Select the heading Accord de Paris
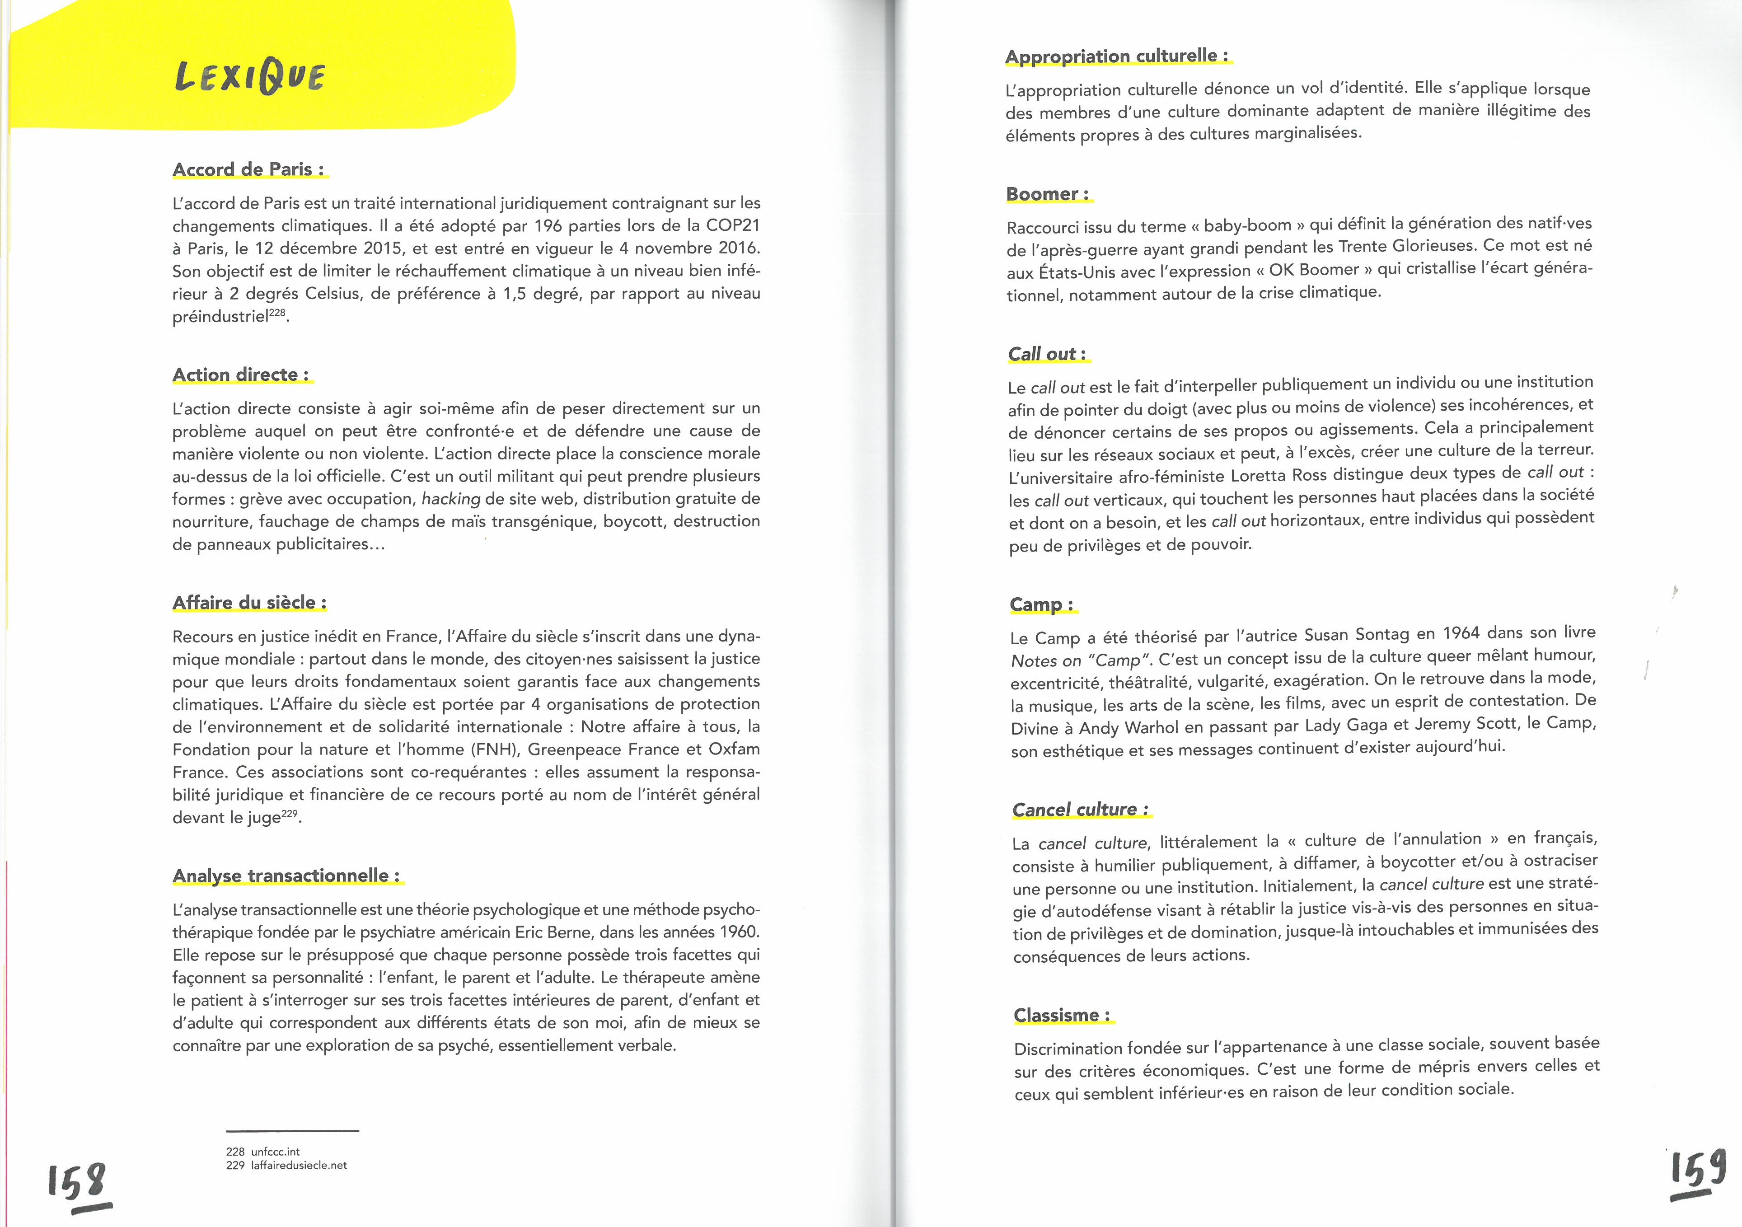[249, 169]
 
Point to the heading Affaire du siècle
[249, 603]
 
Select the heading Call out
[1047, 354]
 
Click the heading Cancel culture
[1081, 810]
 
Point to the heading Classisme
[1062, 1015]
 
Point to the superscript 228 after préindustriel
[278, 312]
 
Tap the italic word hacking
[451, 499]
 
